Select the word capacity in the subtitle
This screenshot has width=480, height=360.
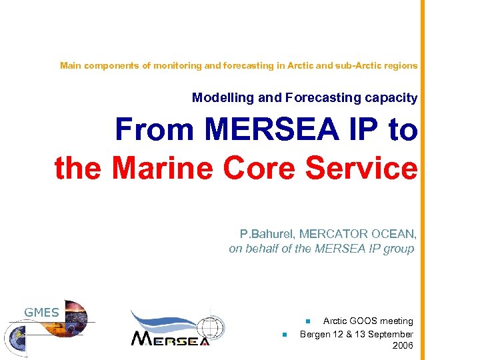[391, 98]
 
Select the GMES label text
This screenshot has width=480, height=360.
[42, 312]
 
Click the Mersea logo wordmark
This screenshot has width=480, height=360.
[170, 338]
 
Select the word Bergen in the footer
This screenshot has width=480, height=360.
[315, 334]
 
